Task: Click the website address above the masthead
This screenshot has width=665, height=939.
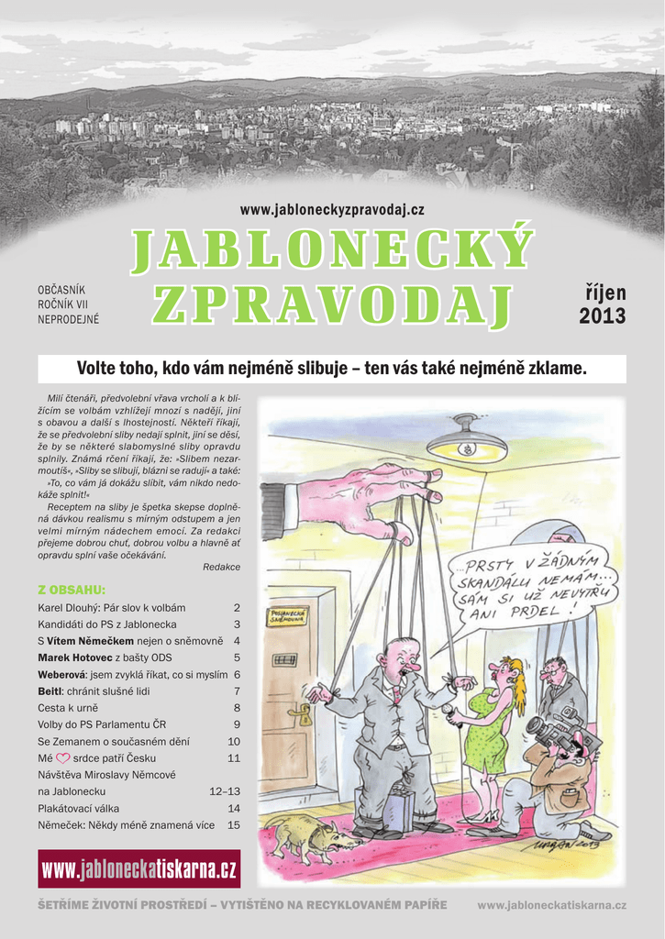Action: click(332, 210)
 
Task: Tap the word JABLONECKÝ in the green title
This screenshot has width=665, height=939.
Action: click(332, 250)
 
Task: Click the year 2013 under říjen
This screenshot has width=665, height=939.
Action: click(602, 317)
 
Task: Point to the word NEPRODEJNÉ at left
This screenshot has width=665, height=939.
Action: click(68, 320)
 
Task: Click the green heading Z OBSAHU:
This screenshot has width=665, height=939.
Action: click(72, 589)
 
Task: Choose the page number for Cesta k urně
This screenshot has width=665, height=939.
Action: click(237, 708)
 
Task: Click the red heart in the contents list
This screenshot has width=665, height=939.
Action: click(63, 758)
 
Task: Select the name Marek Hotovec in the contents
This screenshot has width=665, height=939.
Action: click(74, 657)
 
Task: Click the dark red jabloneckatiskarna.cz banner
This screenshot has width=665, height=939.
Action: click(139, 868)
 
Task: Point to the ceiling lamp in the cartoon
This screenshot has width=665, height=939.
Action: click(466, 440)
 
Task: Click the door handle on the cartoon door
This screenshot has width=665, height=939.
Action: click(299, 711)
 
